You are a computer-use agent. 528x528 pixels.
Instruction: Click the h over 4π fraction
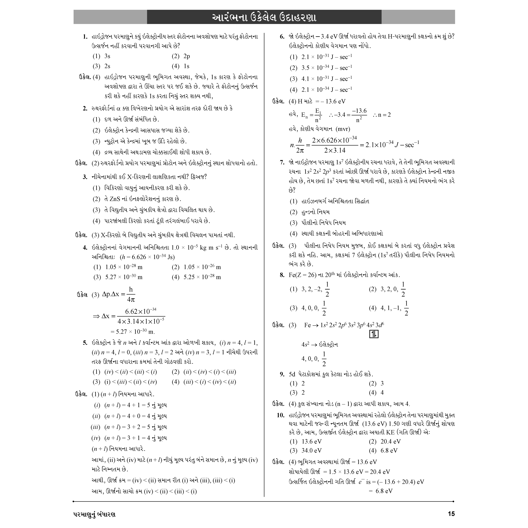pyautogui.click(x=131, y=294)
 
